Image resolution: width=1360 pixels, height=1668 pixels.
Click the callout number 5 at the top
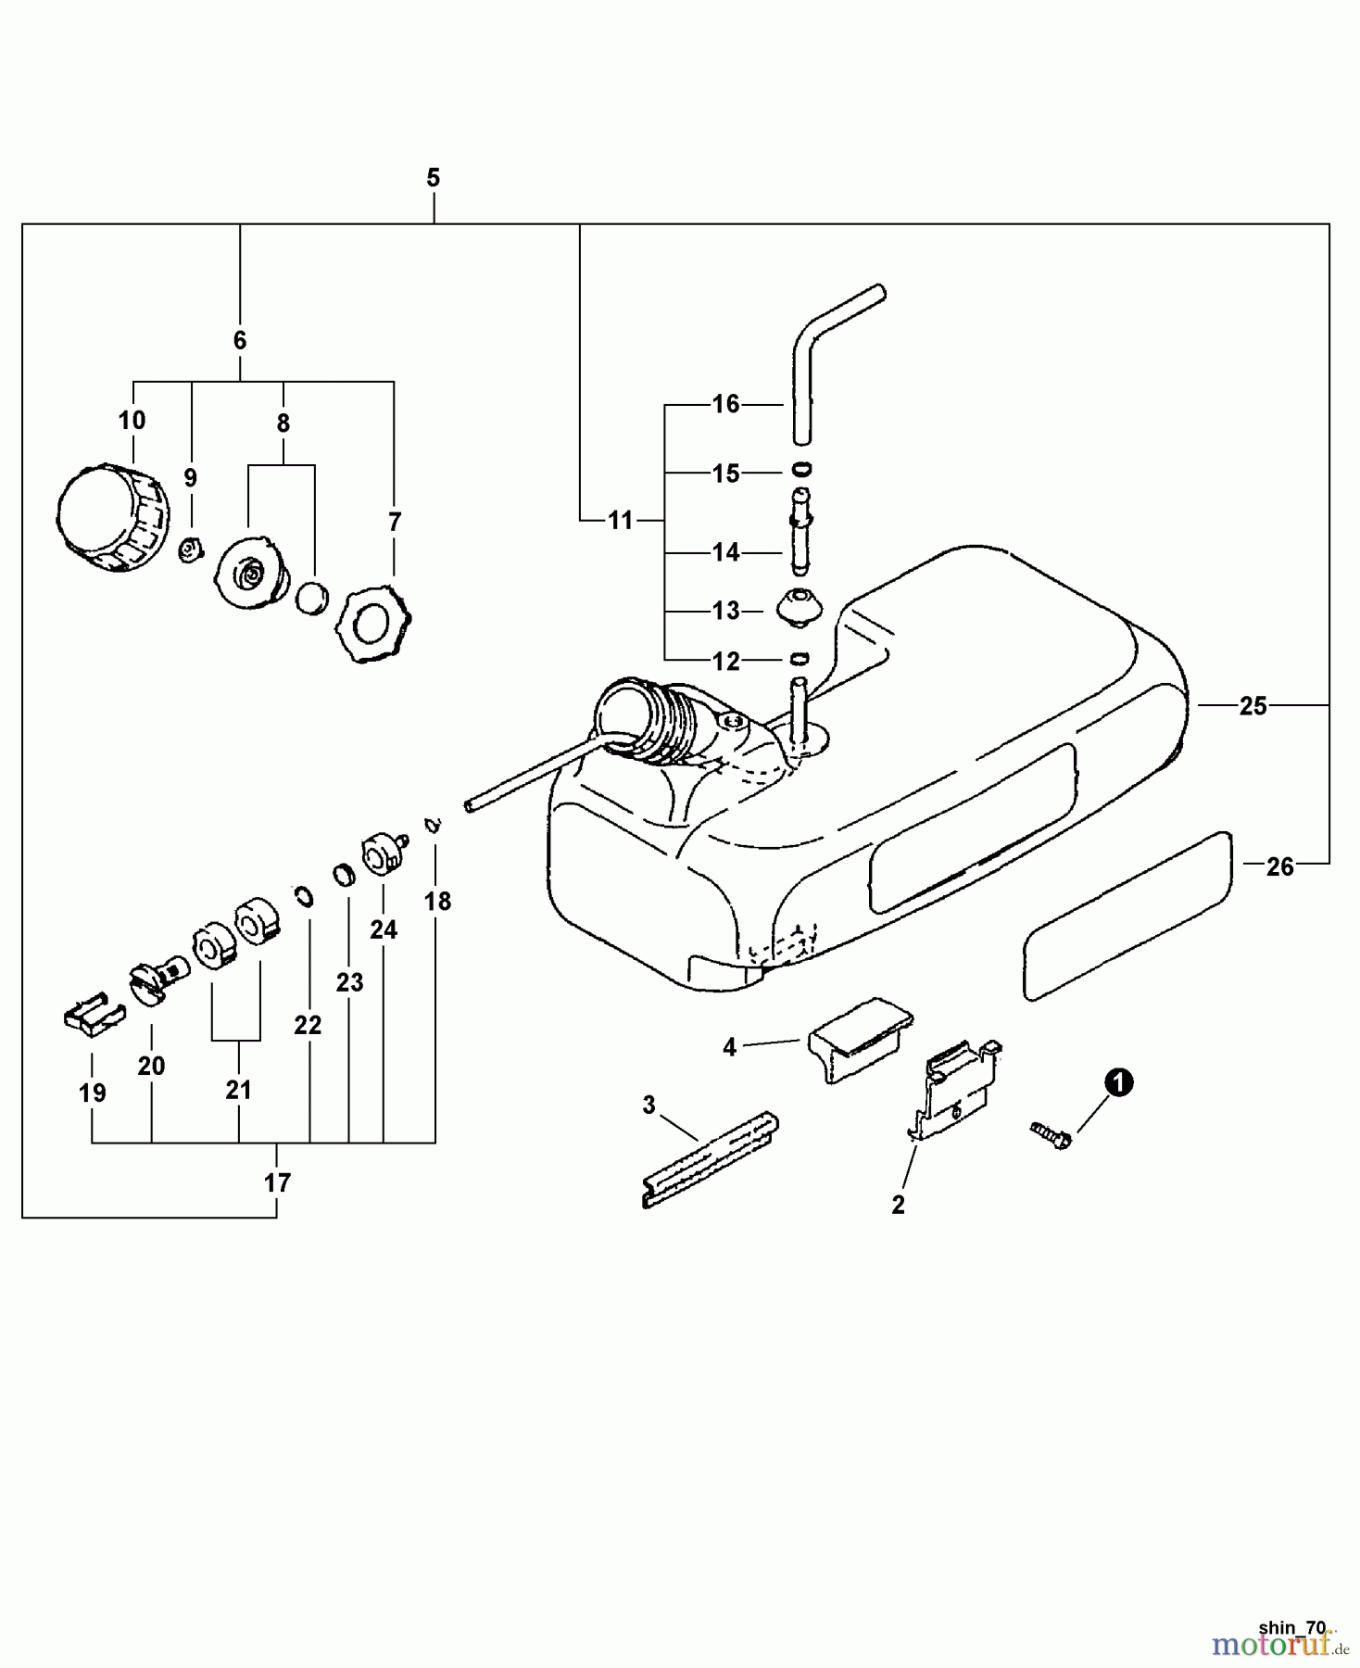pos(433,177)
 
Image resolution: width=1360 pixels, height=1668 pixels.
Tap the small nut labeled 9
pos(190,550)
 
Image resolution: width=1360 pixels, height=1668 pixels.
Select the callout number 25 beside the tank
pos(1253,706)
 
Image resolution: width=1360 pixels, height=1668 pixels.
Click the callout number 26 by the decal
pos(1279,866)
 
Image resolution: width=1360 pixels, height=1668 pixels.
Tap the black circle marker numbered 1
pos(1119,1082)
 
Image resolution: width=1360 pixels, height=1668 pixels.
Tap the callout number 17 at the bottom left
pos(277,1182)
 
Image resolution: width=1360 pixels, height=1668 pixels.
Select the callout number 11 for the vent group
pos(620,520)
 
